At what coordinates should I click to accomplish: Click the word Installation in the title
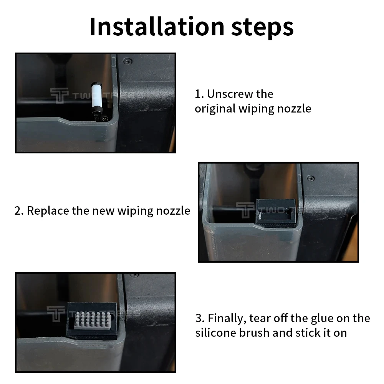point(157,26)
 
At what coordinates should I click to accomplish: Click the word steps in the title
point(262,28)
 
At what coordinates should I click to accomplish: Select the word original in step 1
point(215,109)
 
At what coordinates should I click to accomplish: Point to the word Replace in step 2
point(48,211)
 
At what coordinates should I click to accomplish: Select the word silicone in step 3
point(215,333)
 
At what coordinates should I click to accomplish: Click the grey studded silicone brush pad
point(93,321)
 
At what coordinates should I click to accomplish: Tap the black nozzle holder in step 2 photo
point(275,213)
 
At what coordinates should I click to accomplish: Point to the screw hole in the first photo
point(127,61)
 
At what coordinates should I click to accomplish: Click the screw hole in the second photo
point(311,178)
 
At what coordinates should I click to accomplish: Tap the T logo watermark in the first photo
point(59,96)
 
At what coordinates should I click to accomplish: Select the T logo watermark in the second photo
point(245,210)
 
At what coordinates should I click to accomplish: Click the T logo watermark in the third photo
point(56,314)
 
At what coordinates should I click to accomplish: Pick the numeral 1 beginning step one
point(198,94)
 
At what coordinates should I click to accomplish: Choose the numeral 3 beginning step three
point(199,318)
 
